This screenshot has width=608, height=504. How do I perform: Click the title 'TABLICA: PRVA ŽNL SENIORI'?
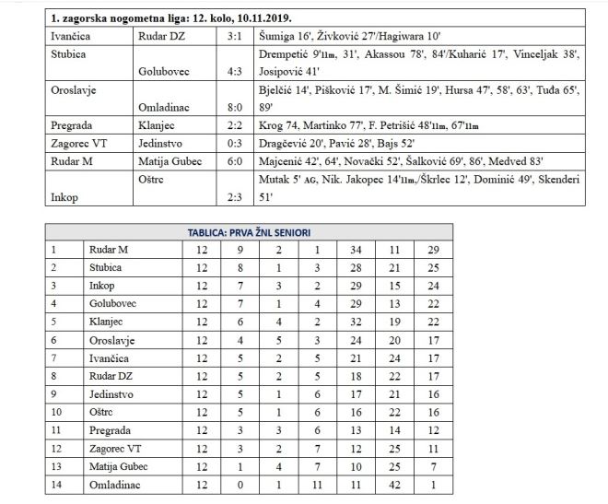(x=251, y=232)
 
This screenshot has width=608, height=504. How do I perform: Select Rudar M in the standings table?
(x=109, y=249)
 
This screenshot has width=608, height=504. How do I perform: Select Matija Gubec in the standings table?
(x=121, y=463)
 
